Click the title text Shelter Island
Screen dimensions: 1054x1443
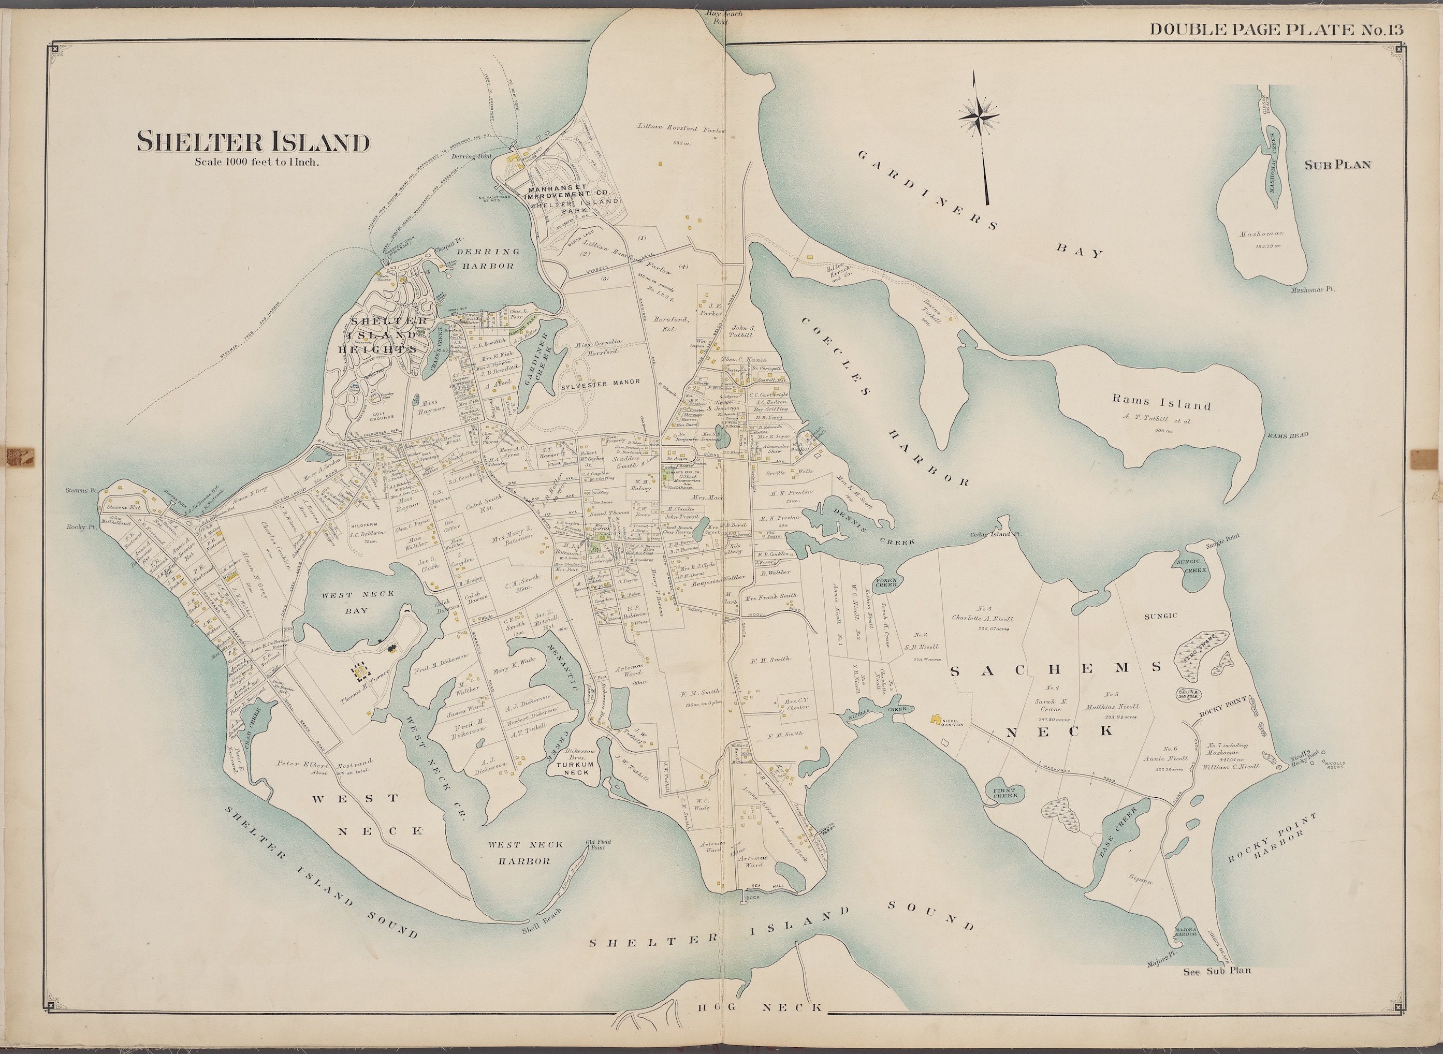(253, 142)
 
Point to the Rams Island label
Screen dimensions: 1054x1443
(1161, 404)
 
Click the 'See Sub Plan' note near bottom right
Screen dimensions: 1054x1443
(1217, 971)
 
